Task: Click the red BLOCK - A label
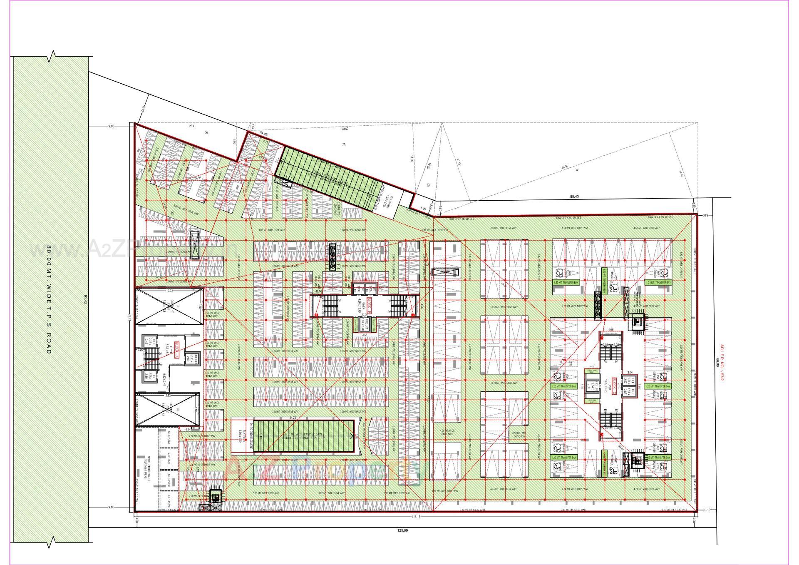click(177, 347)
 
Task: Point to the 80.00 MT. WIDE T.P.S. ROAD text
click(49, 299)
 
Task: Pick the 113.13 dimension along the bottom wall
click(415, 517)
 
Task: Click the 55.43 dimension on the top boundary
click(575, 197)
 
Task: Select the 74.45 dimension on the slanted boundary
click(263, 133)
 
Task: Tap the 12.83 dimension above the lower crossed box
click(168, 395)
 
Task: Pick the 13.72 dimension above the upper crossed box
click(169, 290)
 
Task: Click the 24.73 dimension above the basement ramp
click(293, 418)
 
